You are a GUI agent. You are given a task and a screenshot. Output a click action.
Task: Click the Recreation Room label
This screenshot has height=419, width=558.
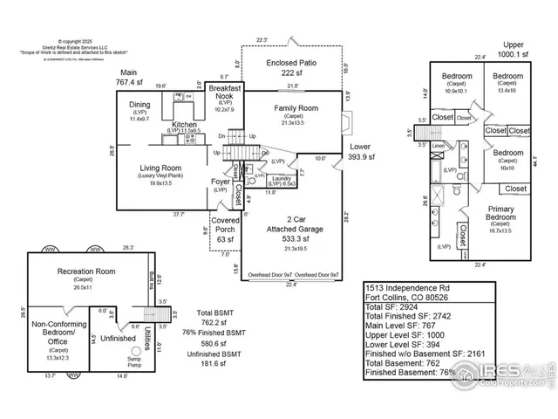(x=87, y=272)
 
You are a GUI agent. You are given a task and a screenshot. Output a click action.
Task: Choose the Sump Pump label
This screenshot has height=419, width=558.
(x=133, y=361)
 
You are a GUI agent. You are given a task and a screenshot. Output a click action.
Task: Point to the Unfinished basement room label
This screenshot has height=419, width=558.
(x=118, y=338)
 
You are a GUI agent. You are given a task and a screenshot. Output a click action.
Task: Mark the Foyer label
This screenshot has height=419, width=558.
(x=221, y=182)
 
